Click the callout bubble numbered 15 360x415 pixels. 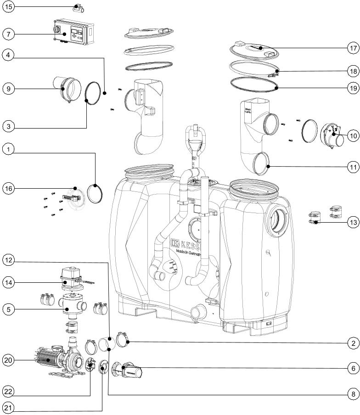[x=9, y=7]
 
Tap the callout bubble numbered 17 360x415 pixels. [x=352, y=48]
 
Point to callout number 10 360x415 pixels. [x=352, y=136]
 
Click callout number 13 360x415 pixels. [x=352, y=223]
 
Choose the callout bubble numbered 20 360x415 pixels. [x=9, y=361]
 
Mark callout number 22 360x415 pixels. [x=9, y=391]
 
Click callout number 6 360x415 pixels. [x=352, y=369]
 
